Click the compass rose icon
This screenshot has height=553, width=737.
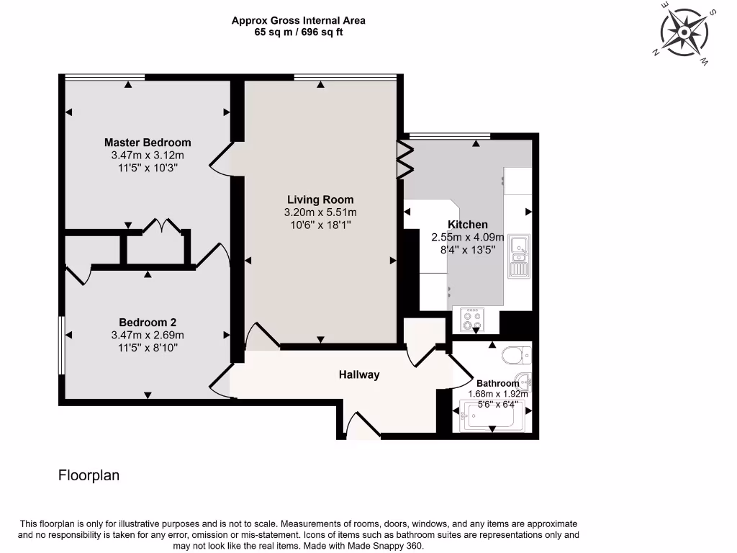click(x=685, y=33)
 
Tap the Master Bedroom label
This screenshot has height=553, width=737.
click(x=148, y=143)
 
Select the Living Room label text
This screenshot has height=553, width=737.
click(x=320, y=199)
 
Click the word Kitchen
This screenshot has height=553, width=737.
click(x=468, y=225)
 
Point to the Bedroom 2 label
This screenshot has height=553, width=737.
click(x=148, y=323)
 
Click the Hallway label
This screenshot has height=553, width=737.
click(x=359, y=374)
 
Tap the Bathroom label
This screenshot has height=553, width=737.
click(x=497, y=383)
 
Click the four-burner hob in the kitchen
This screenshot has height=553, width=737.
click(x=472, y=320)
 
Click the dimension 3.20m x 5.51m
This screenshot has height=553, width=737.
click(x=320, y=212)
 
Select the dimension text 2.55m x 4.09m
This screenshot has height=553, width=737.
click(x=468, y=237)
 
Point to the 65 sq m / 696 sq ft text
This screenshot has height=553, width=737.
click(x=298, y=32)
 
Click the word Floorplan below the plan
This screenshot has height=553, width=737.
click(x=89, y=475)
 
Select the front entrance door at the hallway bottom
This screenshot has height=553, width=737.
click(x=362, y=426)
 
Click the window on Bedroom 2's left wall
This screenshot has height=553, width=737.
click(x=62, y=345)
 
